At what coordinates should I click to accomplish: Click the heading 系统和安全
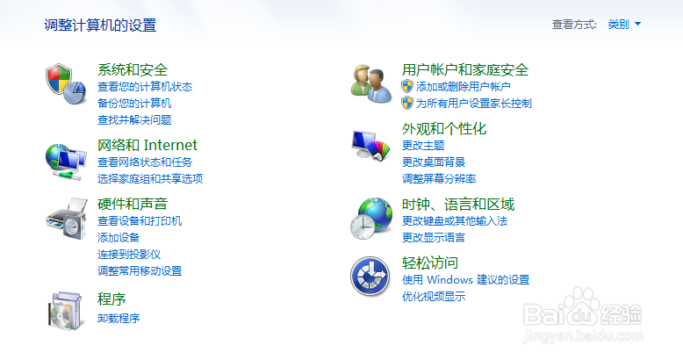[133, 69]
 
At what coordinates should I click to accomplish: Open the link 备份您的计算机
[134, 104]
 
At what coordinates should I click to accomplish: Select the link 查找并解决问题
[134, 120]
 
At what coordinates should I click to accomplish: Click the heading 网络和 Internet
[147, 145]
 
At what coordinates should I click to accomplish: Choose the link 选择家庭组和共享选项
[150, 179]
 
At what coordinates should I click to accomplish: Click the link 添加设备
[119, 238]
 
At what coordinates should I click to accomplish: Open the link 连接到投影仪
[129, 255]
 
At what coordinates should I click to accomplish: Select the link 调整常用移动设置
[140, 271]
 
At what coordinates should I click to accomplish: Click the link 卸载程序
[119, 318]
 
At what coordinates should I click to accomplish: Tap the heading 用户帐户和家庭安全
[465, 69]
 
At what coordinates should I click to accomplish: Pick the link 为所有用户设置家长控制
[473, 104]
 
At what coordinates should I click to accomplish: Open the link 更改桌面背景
[434, 162]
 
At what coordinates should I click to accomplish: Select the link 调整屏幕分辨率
[439, 179]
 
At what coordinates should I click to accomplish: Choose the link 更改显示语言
[434, 238]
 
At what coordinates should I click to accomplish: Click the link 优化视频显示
[434, 297]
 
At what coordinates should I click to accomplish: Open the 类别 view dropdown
[624, 25]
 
